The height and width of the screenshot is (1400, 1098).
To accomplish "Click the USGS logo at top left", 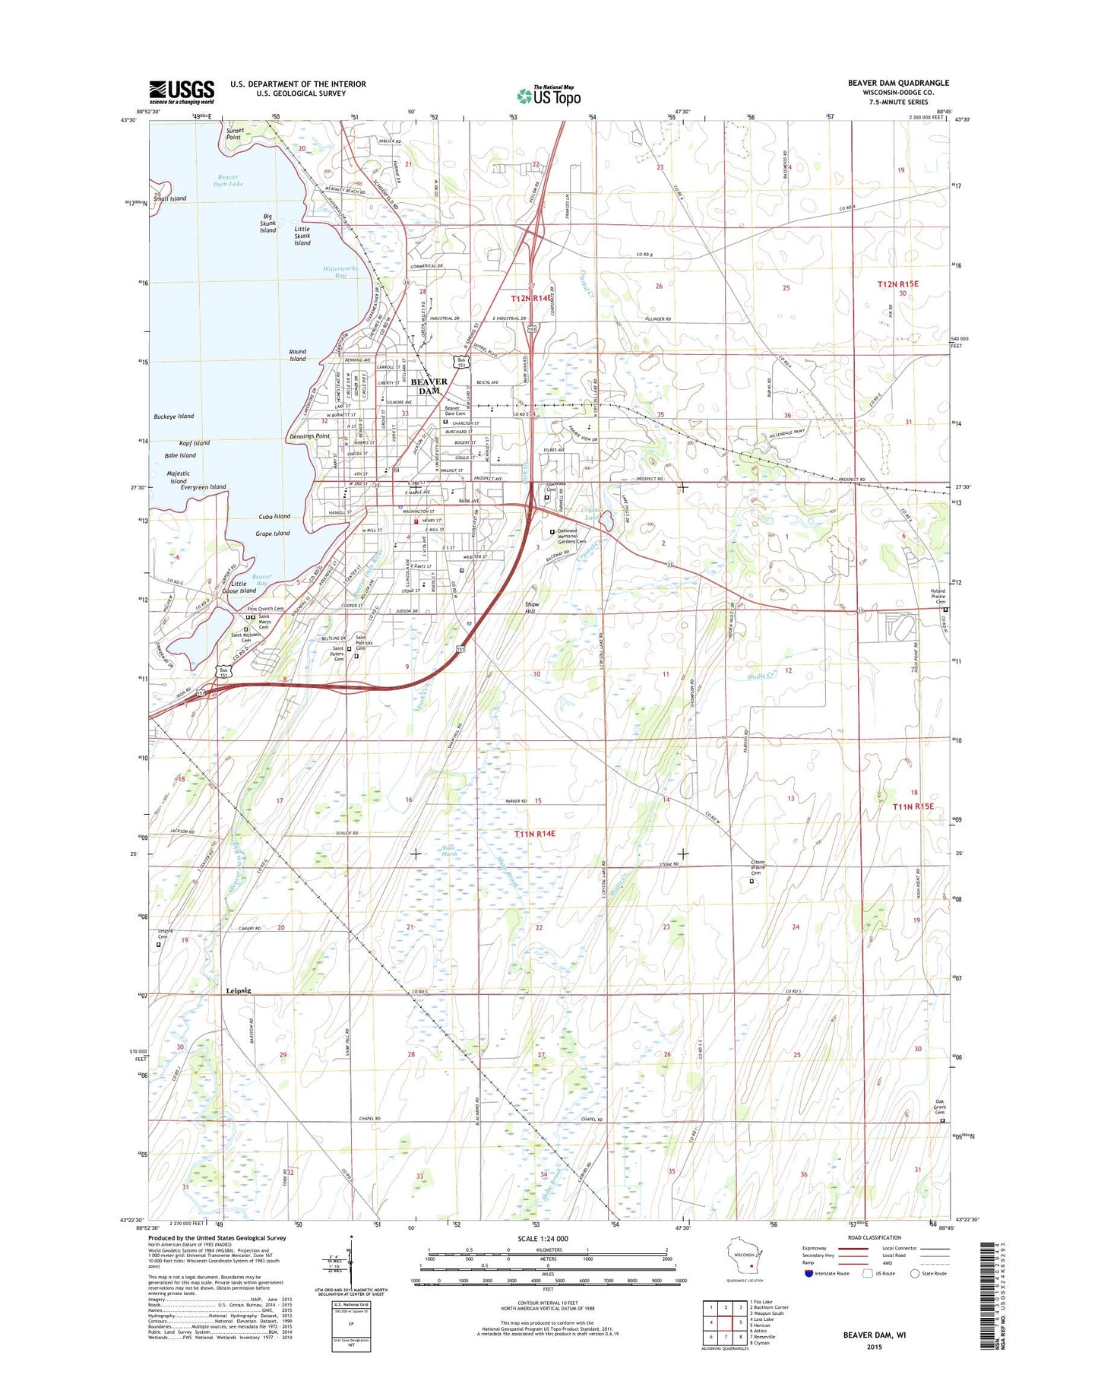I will coord(182,92).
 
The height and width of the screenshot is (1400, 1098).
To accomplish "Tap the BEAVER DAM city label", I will coord(429,386).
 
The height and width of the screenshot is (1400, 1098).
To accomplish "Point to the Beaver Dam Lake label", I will coord(228,180).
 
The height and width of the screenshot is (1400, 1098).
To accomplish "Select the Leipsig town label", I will coord(238,990).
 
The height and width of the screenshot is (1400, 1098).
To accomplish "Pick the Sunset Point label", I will coord(234,134).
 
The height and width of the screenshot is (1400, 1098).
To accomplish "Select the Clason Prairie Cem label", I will coord(758,867).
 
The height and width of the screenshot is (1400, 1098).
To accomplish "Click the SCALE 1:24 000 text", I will coord(543,1239).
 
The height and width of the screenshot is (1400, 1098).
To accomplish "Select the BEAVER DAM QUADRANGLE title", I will coord(898,83).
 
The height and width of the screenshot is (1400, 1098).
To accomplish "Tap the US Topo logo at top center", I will coord(549,95).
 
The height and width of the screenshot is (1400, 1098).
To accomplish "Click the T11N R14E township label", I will coord(534,834).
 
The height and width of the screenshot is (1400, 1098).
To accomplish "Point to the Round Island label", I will coord(297,355).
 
